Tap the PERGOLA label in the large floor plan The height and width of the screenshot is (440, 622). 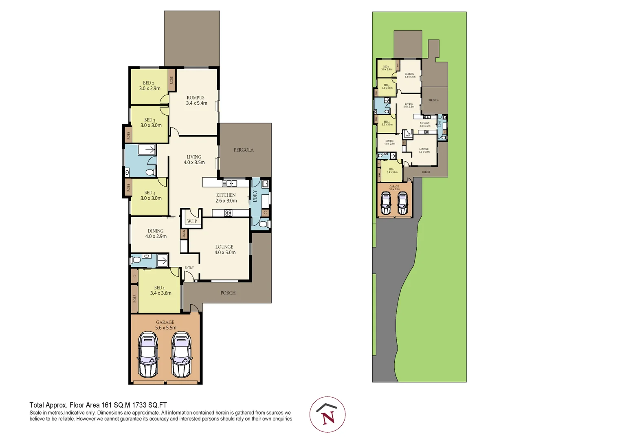coord(244,150)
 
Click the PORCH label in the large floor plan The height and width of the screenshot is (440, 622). coord(228,293)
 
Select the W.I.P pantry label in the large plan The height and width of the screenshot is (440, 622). coord(192,221)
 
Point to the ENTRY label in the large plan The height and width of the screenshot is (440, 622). coord(189,268)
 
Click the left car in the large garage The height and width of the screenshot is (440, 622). coord(148,354)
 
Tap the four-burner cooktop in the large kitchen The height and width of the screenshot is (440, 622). coord(228,213)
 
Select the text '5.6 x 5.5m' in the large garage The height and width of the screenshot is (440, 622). coord(166,328)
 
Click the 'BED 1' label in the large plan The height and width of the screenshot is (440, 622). coord(159,288)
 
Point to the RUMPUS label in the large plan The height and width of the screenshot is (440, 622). coord(196,98)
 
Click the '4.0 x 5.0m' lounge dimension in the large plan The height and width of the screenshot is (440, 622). coord(225,253)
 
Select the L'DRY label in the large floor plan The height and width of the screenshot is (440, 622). coord(255,196)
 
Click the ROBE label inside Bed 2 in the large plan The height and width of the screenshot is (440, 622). coord(171,80)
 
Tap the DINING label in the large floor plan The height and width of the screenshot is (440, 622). coord(156,231)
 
